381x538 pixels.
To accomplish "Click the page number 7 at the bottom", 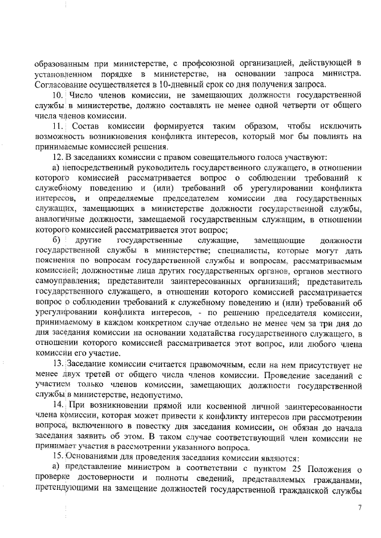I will [360, 508].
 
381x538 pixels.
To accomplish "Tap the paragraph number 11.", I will [58, 126].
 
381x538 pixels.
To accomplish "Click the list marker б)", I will [57, 240].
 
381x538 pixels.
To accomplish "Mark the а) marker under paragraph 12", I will [57, 169].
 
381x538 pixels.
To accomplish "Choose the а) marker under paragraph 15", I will [57, 471].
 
